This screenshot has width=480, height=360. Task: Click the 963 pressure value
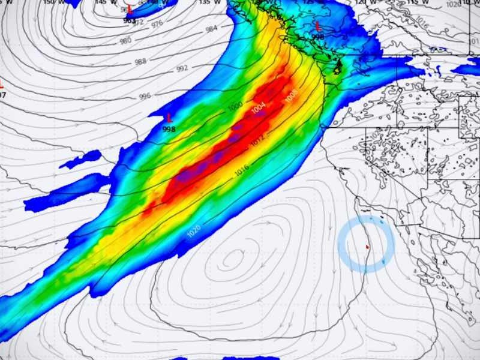coord(129,20)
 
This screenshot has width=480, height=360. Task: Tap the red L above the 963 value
coord(129,9)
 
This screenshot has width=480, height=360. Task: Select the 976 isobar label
coord(157,24)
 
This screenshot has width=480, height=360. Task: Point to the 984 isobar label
coord(211,29)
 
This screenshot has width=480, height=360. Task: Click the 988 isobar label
coord(140,62)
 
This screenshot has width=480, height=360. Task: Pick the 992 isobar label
coord(182,68)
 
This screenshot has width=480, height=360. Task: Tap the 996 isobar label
coord(145,96)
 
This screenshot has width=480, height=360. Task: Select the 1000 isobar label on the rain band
coord(235,107)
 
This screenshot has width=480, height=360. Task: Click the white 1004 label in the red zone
coord(258,109)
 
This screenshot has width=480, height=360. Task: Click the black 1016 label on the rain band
coord(241,170)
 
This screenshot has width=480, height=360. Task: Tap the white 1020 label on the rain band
coord(194,230)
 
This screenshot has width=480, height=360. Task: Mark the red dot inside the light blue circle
coord(367,246)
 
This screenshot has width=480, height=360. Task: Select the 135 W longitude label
coord(205,2)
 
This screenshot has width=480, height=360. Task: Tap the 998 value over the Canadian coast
coord(318,37)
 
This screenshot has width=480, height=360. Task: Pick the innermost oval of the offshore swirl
coord(232,260)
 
